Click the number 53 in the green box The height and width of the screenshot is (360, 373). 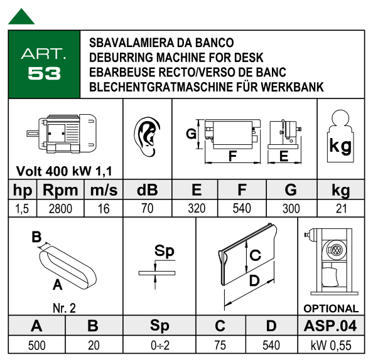[x=44, y=73]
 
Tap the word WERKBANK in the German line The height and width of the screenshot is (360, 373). [x=293, y=87]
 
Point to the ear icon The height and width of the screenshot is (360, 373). [x=147, y=136]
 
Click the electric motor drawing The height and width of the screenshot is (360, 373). [x=62, y=134]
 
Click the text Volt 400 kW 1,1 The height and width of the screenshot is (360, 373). [x=64, y=171]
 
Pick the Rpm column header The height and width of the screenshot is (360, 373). [x=60, y=190]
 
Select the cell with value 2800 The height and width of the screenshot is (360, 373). [x=60, y=209]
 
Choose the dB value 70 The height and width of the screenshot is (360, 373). [x=148, y=208]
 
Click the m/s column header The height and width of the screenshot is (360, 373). [x=104, y=190]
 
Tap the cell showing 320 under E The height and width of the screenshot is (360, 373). [x=197, y=208]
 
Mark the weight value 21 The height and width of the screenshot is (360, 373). [x=341, y=208]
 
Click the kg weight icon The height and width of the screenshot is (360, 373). [x=340, y=136]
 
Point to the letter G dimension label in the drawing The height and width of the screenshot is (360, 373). [x=192, y=134]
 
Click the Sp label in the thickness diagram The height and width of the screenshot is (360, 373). [x=165, y=251]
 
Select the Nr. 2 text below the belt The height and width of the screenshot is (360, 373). [x=64, y=308]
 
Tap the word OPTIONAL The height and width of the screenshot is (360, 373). [x=331, y=309]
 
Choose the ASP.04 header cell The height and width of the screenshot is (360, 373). [x=331, y=326]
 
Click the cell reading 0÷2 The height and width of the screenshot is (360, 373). [x=160, y=345]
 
